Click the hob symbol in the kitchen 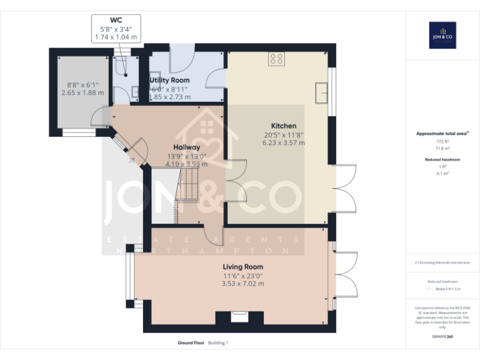277,59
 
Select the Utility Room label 169,81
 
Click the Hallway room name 182,147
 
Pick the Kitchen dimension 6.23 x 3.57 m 283,142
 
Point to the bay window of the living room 129,275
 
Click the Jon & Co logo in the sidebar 442,35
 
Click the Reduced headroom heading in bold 442,159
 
